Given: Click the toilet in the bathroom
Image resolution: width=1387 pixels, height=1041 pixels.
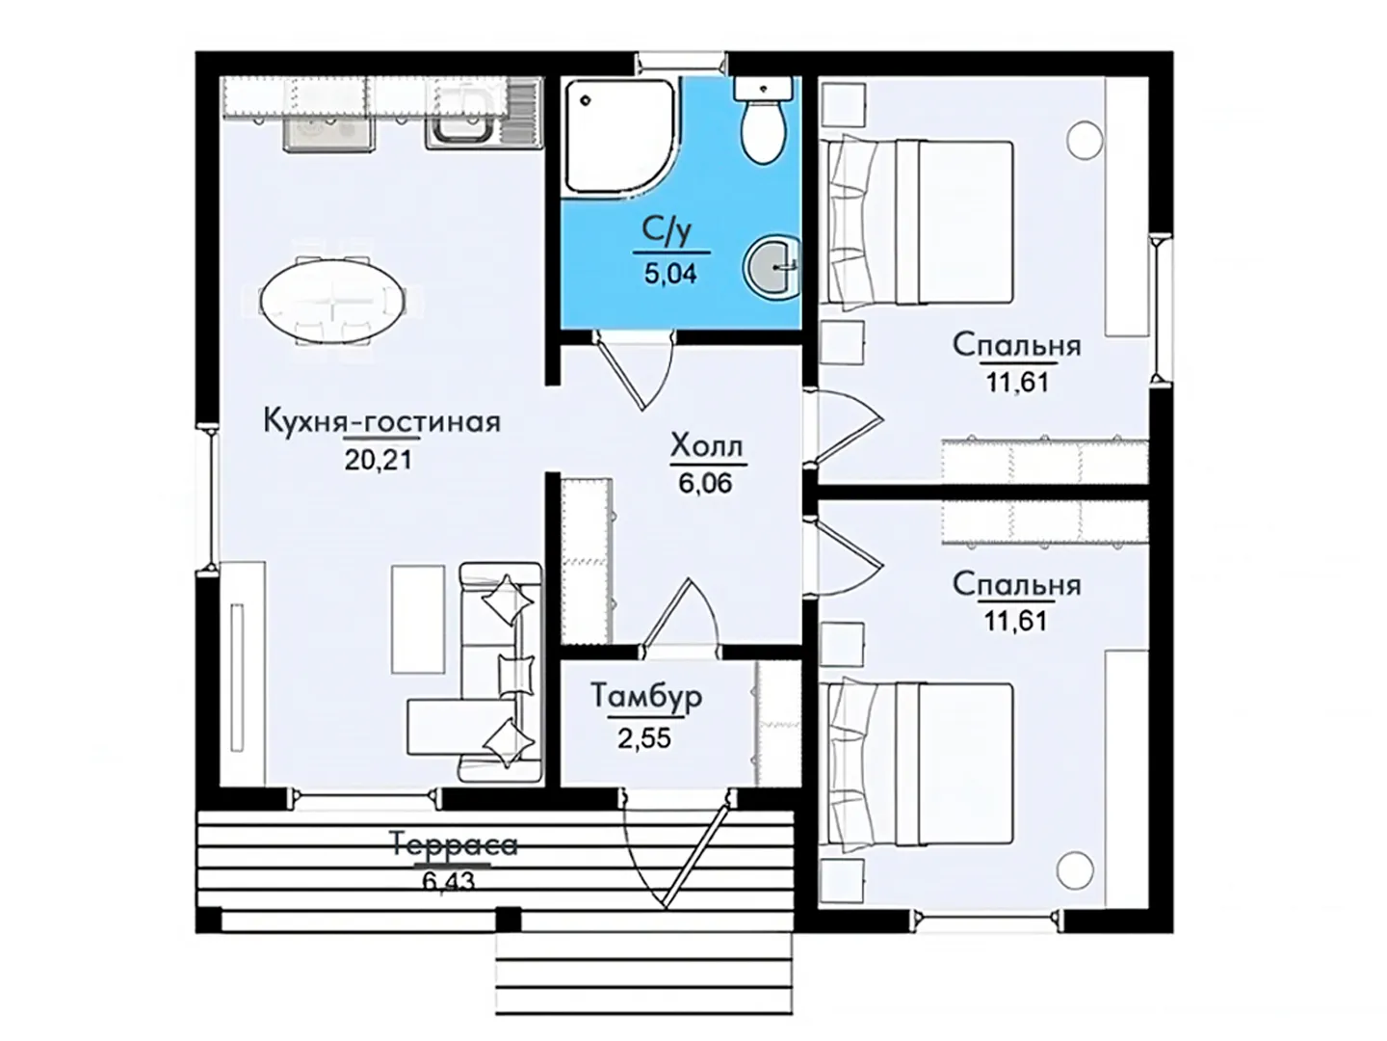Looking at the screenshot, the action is pos(763,120).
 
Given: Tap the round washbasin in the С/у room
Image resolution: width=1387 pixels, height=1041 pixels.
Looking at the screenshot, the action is pos(772,267).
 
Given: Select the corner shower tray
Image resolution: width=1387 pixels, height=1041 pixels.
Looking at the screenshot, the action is pos(619,137).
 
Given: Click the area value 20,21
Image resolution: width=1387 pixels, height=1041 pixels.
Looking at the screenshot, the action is pos(378,460).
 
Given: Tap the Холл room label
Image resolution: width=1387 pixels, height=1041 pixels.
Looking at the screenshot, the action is pos(706,445).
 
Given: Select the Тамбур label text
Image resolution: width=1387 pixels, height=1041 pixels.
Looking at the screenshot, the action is pos(646,697).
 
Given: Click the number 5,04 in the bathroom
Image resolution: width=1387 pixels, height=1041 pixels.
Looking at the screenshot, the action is pos(670,274).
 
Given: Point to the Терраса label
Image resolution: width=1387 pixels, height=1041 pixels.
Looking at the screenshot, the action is pos(455,844).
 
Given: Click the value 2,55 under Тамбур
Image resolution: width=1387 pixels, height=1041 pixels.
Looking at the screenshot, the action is pos(644,737).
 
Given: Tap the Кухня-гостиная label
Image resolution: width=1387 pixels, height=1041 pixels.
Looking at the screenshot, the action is pos(381,421).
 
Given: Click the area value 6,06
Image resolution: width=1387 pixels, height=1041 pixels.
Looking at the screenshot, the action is pos(705,484).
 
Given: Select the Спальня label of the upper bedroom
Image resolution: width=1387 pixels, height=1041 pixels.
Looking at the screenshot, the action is pos(1017,345).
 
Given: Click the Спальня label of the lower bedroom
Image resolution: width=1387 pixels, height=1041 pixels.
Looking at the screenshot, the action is pos(1017,585).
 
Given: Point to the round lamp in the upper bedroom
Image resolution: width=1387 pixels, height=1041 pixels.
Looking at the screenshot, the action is pos(1085,139).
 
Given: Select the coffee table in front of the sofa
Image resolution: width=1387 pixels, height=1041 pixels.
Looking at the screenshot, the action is pos(417,620).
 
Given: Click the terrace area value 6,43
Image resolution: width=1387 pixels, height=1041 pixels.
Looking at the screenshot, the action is pos(448,881).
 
